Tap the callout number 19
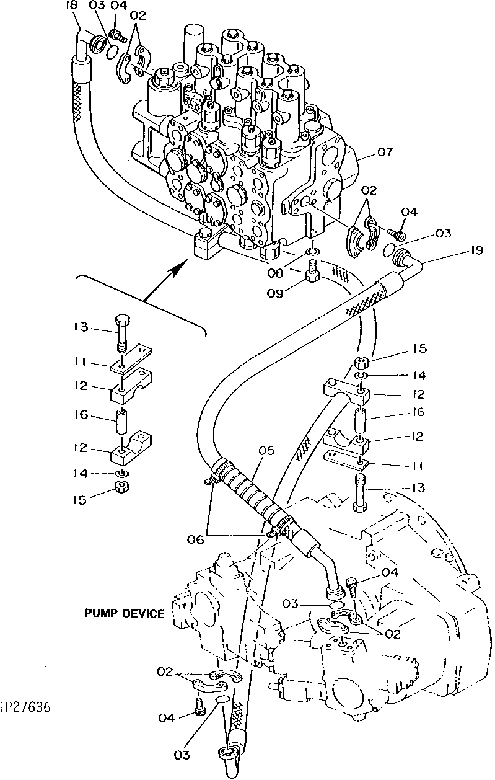point(476,251)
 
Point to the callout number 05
point(266,451)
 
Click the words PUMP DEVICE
point(124,614)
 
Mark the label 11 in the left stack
point(81,362)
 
